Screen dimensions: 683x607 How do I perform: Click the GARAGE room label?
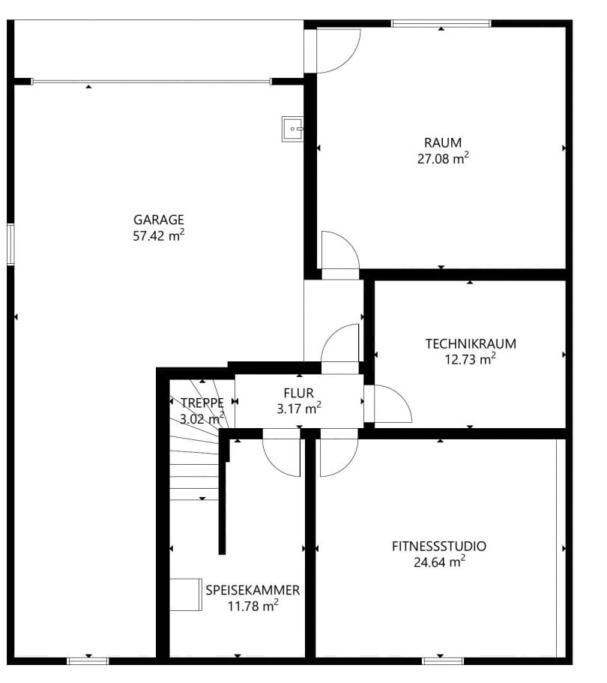pyautogui.click(x=159, y=220)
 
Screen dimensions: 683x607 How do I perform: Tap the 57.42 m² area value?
pyautogui.click(x=159, y=236)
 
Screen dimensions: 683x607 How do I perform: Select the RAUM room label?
pyautogui.click(x=443, y=142)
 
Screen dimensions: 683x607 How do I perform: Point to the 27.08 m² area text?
pyautogui.click(x=443, y=158)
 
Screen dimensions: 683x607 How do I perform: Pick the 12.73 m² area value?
pyautogui.click(x=471, y=359)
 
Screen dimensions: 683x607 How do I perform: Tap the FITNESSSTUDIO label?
pyautogui.click(x=438, y=546)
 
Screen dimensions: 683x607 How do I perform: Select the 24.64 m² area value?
pyautogui.click(x=438, y=562)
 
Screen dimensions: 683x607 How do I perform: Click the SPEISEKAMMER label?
pyautogui.click(x=253, y=590)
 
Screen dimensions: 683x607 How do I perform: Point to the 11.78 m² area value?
pyautogui.click(x=253, y=606)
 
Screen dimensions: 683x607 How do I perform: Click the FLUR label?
pyautogui.click(x=298, y=392)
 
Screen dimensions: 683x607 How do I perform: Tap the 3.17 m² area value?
pyautogui.click(x=298, y=409)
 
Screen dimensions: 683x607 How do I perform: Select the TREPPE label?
pyautogui.click(x=202, y=403)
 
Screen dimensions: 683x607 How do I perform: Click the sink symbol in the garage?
pyautogui.click(x=292, y=128)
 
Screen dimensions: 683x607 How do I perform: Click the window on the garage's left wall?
pyautogui.click(x=10, y=244)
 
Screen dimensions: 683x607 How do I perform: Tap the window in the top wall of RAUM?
pyautogui.click(x=441, y=23)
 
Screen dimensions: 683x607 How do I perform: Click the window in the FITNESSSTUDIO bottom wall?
pyautogui.click(x=442, y=661)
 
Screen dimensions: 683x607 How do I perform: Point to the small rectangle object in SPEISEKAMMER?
pyautogui.click(x=185, y=594)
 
